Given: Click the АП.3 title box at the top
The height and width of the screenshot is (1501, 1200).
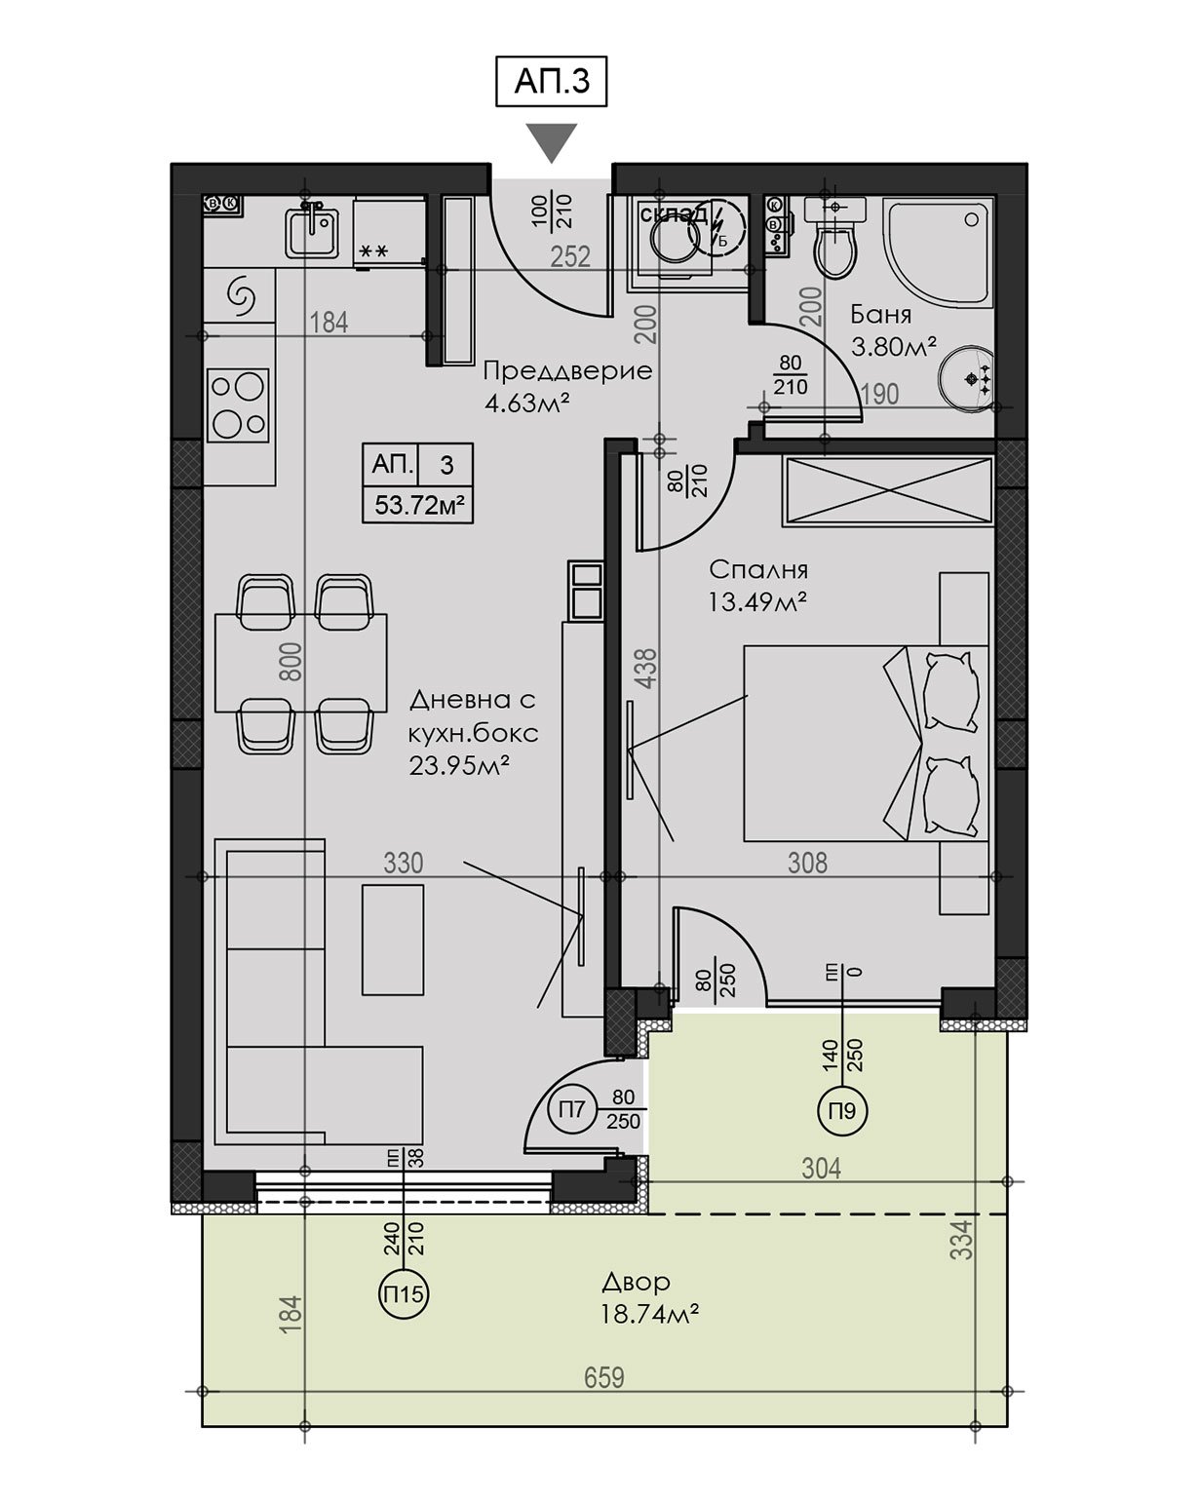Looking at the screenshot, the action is pos(551,82).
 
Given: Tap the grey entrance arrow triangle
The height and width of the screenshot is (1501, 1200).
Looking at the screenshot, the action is pos(552,142).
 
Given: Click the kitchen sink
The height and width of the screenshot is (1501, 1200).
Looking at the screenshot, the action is pos(312,232).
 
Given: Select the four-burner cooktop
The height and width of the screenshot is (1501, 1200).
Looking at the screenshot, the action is pos(238,405).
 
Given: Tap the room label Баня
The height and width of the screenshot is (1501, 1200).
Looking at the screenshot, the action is pos(880,315).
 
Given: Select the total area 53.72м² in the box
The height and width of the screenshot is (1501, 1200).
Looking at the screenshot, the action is pos(419,504).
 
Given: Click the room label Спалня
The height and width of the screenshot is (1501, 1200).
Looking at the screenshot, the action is pos(758,570).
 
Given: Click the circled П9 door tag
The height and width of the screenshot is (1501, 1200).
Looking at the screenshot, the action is pos(842,1111).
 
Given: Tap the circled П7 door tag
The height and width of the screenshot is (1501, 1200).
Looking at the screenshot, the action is pos(571,1109).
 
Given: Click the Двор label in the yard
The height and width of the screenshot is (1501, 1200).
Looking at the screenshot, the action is pos(636,1282).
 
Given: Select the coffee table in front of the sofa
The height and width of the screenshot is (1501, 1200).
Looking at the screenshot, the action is pos(393,940).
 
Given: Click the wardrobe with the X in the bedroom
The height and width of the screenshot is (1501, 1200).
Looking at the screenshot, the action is pos(887,490).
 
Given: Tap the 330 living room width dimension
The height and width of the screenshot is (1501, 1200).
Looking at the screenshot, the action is pos(404,863).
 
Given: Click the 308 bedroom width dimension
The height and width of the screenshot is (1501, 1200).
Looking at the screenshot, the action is pos(807,863).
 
